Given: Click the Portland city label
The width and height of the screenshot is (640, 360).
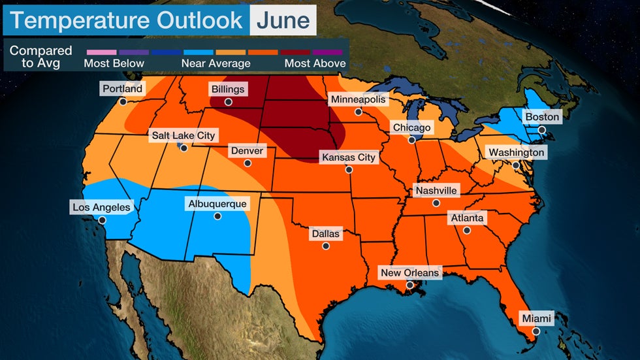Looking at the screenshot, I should pos(122,88).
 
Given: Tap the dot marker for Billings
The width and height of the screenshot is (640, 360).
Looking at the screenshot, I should pos(228,102).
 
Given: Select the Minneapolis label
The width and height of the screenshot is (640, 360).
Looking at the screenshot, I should pos(359,99).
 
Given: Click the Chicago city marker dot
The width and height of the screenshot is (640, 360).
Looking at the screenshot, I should pos(412,140).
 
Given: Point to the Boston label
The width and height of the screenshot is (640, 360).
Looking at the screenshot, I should pos(543,117).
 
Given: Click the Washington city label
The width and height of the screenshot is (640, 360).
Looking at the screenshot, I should pos(516,152).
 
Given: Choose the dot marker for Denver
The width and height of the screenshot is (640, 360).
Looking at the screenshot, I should pos(247,163).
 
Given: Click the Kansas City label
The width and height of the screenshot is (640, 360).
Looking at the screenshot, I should pos(348,157).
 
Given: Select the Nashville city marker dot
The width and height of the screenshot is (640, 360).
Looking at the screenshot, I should pos(436,203).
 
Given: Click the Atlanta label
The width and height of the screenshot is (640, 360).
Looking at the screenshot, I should pos(466,218).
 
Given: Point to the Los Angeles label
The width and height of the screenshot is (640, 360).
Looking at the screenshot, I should pos(102,207).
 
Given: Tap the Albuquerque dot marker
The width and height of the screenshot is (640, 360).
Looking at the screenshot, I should pos(217,216).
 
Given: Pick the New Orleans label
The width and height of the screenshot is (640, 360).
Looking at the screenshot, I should pos(409,272).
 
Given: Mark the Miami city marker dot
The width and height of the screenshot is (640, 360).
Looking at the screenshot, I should pos(536,331).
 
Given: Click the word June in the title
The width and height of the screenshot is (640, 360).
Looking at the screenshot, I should pos(283,20).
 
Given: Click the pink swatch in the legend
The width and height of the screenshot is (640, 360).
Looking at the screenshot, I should pos(101,50).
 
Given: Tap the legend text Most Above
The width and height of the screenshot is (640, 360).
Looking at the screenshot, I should pos(315,63).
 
